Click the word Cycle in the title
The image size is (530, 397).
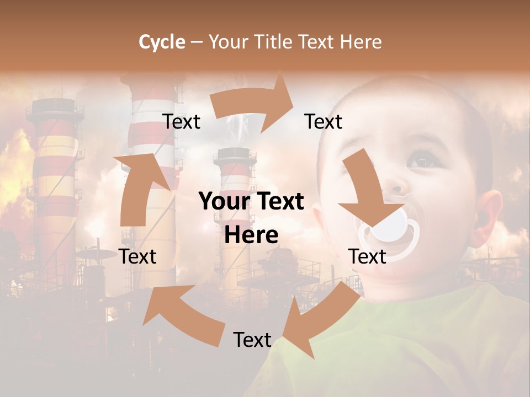[162, 42]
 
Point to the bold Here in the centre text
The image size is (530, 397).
[251, 235]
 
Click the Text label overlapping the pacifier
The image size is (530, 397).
[367, 256]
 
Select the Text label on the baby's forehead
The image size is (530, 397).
[324, 121]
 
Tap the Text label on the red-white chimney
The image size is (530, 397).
[182, 121]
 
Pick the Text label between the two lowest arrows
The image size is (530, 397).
[252, 340]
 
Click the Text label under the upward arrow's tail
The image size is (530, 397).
[138, 256]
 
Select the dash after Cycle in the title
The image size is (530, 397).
[197, 42]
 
